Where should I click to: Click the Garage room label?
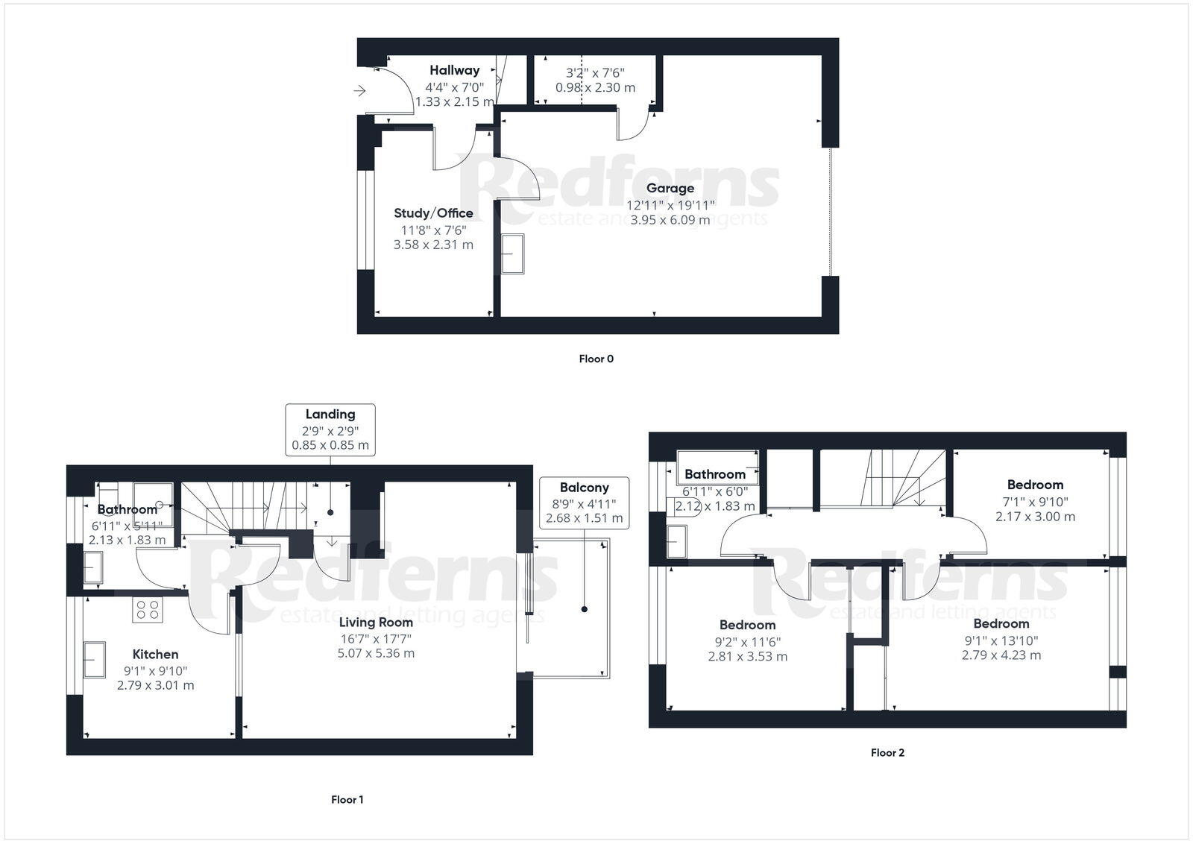670,189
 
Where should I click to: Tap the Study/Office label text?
433,213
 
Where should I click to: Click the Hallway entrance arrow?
360,91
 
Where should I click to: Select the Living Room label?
376,622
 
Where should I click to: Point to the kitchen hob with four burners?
147,610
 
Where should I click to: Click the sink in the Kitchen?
95,659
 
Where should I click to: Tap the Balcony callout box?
584,503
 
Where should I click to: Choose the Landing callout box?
330,429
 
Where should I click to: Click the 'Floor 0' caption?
596,359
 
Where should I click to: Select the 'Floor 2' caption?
887,752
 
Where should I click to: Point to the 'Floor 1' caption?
347,799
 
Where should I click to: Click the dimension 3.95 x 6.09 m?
670,220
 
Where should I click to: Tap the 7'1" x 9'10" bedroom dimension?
1035,501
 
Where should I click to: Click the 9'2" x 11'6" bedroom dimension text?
747,641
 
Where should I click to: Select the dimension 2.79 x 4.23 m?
1001,655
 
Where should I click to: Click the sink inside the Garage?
513,254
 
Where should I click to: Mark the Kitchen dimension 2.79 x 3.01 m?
155,685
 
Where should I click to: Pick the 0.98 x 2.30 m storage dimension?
595,87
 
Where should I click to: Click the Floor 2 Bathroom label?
714,474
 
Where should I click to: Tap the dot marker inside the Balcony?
584,609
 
